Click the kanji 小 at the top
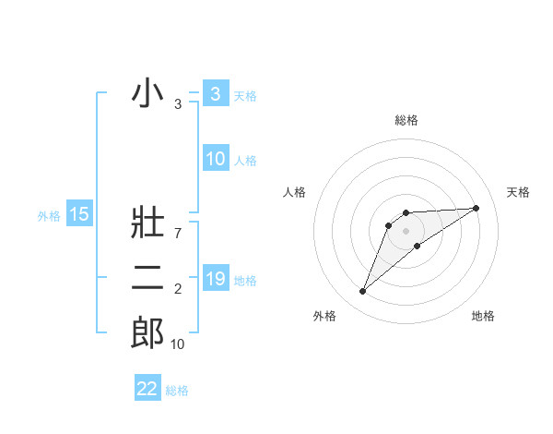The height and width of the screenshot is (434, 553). click(147, 93)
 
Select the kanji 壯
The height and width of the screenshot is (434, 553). click(147, 227)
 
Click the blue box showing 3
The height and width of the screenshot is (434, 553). click(215, 93)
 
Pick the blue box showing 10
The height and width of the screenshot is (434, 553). click(215, 159)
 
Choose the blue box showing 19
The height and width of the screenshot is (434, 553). click(215, 279)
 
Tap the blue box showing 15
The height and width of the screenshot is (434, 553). click(79, 215)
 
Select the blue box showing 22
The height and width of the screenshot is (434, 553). click(147, 389)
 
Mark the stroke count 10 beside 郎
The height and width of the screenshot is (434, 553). click(177, 344)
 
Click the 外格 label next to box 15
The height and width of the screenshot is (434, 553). click(49, 216)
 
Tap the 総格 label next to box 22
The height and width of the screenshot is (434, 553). click(177, 391)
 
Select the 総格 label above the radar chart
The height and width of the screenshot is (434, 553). click(406, 120)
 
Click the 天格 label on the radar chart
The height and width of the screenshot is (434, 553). click(519, 192)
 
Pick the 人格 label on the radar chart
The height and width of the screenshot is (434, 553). click(295, 192)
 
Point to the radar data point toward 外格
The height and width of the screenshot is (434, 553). click(362, 292)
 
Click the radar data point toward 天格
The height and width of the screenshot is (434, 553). click(477, 208)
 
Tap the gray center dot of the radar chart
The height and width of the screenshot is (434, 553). click(406, 231)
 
